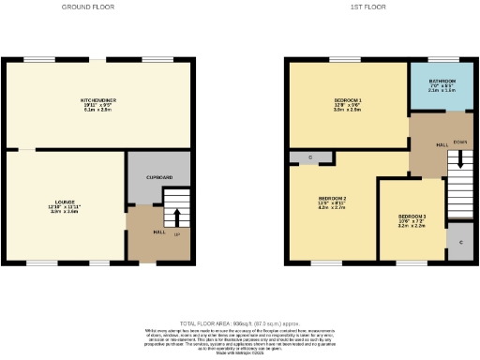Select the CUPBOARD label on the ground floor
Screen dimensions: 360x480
click(x=158, y=177)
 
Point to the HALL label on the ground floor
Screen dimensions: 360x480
click(x=158, y=232)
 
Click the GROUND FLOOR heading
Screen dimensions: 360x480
click(x=88, y=7)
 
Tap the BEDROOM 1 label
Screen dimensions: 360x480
click(x=348, y=100)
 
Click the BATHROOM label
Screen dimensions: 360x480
click(x=442, y=82)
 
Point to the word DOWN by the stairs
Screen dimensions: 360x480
click(x=459, y=142)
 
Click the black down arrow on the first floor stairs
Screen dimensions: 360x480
click(x=459, y=161)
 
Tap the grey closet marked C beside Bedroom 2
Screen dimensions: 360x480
click(x=308, y=157)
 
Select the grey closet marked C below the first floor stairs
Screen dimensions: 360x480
click(x=459, y=242)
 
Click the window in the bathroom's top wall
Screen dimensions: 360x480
click(x=442, y=59)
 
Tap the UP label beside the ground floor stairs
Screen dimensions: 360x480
click(x=176, y=233)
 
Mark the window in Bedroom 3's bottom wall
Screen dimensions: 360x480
click(x=411, y=262)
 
